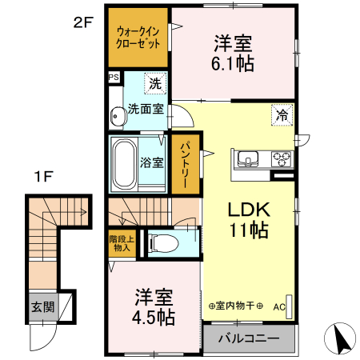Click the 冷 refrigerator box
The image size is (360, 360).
pos(282,114)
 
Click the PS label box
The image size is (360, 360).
pos(114,78)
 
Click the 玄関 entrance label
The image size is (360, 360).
pos(42,306)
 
